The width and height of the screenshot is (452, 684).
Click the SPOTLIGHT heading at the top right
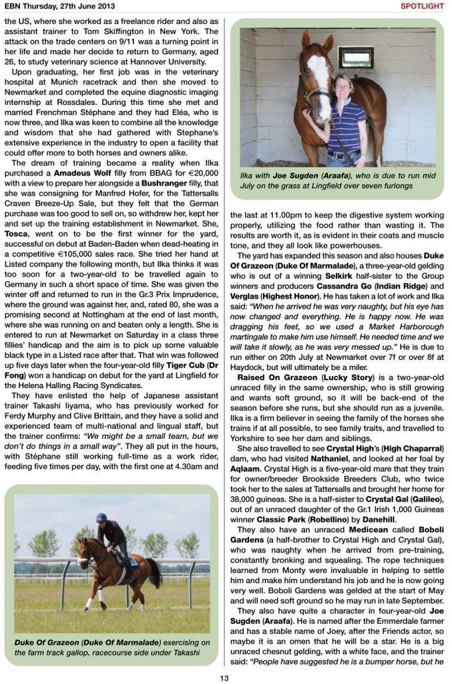pos(421,6)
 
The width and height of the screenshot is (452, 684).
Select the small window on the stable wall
pos(355,57)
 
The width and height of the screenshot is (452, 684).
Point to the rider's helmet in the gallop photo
pos(101,518)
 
